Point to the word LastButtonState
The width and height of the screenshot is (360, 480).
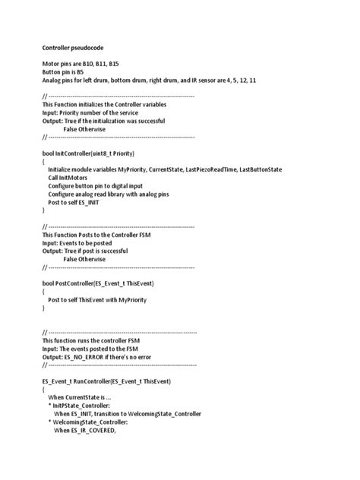click(x=261, y=169)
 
